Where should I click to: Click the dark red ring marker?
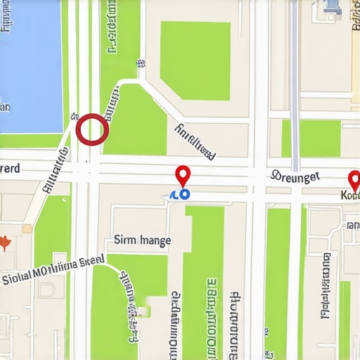tap(92, 129)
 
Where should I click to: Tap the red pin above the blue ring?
tap(183, 174)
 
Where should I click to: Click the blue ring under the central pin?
tap(184, 193)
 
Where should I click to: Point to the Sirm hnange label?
tap(142, 240)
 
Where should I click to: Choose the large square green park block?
tap(195, 60)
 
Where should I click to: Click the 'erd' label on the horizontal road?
tap(10, 169)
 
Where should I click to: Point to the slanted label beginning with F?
tap(195, 140)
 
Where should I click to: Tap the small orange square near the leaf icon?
tap(27, 229)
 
